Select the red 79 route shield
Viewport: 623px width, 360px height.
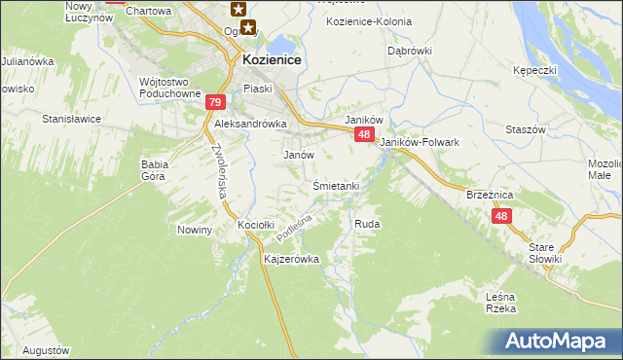point(216,102)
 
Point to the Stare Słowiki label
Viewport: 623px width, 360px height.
point(545,253)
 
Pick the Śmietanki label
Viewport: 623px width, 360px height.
point(337,186)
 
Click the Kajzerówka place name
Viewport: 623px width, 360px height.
point(291,260)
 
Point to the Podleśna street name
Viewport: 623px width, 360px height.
point(291,230)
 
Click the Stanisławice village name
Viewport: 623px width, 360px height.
point(72,119)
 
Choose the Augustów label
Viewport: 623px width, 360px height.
point(46,349)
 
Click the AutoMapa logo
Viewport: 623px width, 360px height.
point(560,340)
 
